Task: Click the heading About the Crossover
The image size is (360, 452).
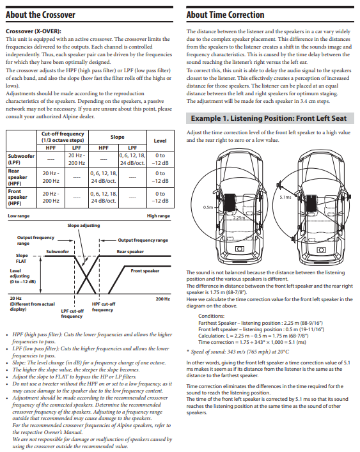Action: coord(40,15)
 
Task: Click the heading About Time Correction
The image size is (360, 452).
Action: coord(225,15)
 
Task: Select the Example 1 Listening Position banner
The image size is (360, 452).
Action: coord(270,118)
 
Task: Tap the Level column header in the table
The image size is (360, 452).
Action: coord(160,141)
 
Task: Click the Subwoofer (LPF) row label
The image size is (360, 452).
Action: coord(21,159)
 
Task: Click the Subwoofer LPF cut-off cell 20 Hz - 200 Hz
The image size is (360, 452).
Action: coord(77,159)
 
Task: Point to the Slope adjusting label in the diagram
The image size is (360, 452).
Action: coord(84,226)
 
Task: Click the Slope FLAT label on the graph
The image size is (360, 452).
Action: coord(21,258)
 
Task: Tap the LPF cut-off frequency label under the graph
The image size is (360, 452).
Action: coord(72,314)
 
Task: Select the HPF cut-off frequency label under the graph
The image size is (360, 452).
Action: coord(103,307)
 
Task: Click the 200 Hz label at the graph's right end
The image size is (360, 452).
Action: coord(163,299)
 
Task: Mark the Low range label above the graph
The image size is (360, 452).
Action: coord(19,216)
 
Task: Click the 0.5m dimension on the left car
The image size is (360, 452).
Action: coord(208,207)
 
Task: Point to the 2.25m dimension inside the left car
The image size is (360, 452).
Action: coord(239,217)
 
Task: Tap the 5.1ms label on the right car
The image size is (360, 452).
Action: coord(285,197)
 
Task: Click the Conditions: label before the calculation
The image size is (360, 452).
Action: coord(211,316)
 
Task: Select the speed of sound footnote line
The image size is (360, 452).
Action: coord(237,352)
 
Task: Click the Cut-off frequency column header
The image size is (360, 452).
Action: coord(63,137)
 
